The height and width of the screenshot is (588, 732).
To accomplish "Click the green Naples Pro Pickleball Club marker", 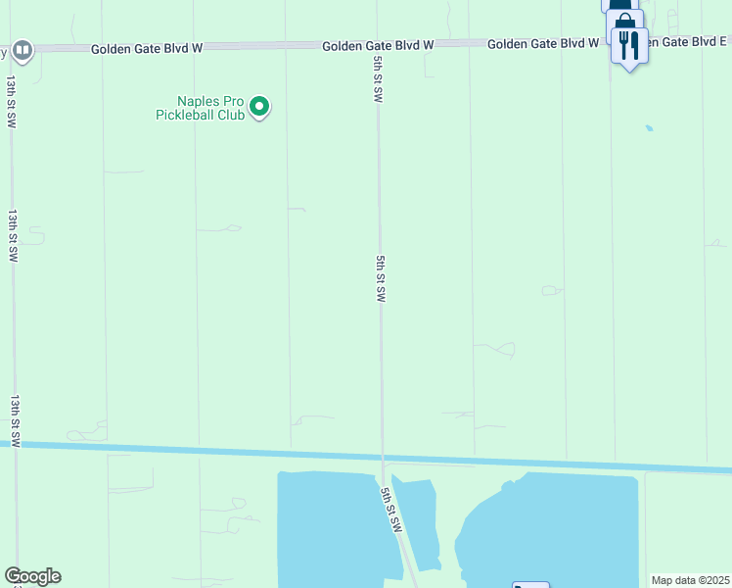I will point(259,106).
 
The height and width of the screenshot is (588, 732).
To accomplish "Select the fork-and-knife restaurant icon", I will point(628,44).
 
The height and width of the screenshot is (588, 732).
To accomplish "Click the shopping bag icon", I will point(623,22).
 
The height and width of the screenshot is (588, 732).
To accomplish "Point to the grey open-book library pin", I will point(23,49).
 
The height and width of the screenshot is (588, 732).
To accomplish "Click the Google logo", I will point(32,576).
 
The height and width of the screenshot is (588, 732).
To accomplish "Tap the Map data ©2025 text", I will point(690,580).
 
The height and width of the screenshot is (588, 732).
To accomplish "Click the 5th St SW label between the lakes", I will point(391,506).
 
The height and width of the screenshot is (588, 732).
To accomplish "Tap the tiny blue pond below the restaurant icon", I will point(648,127).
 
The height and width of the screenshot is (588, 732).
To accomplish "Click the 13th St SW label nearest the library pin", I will point(11,101).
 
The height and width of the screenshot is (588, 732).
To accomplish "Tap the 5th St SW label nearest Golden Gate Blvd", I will point(377,78).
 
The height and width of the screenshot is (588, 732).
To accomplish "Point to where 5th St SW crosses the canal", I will point(383,457).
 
